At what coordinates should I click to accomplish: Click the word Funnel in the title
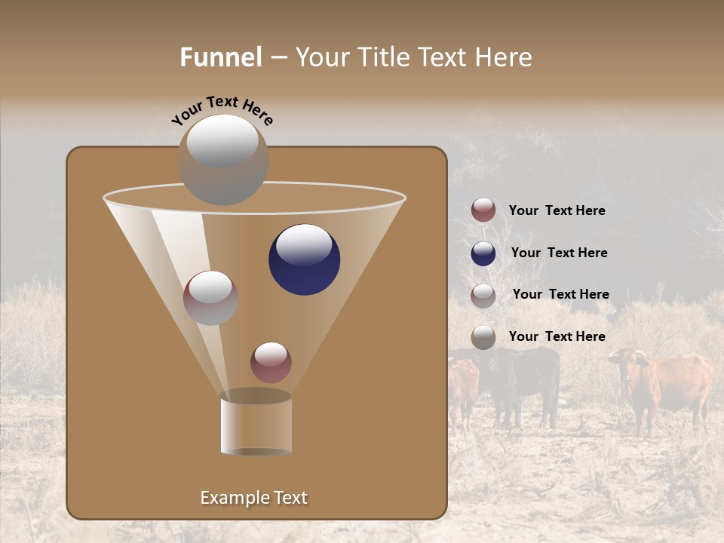click(x=220, y=57)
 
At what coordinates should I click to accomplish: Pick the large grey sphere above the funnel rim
click(x=223, y=159)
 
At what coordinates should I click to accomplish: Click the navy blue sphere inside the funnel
click(x=304, y=259)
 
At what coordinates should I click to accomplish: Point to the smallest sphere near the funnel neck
click(x=271, y=362)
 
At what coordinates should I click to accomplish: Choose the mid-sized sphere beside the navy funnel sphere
click(x=210, y=298)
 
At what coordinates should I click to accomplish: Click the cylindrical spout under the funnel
click(x=256, y=424)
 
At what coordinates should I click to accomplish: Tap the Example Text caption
click(x=253, y=498)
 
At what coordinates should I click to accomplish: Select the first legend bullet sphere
click(x=483, y=210)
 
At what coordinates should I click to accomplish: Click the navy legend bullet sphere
click(x=483, y=253)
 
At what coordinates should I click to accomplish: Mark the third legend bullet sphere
click(x=483, y=295)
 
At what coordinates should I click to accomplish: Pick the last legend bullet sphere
click(x=483, y=337)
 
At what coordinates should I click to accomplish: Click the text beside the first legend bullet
click(x=557, y=210)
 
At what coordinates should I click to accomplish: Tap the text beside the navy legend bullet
click(x=559, y=253)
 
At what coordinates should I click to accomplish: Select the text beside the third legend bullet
click(x=560, y=294)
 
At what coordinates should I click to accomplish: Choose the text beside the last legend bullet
click(x=557, y=336)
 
